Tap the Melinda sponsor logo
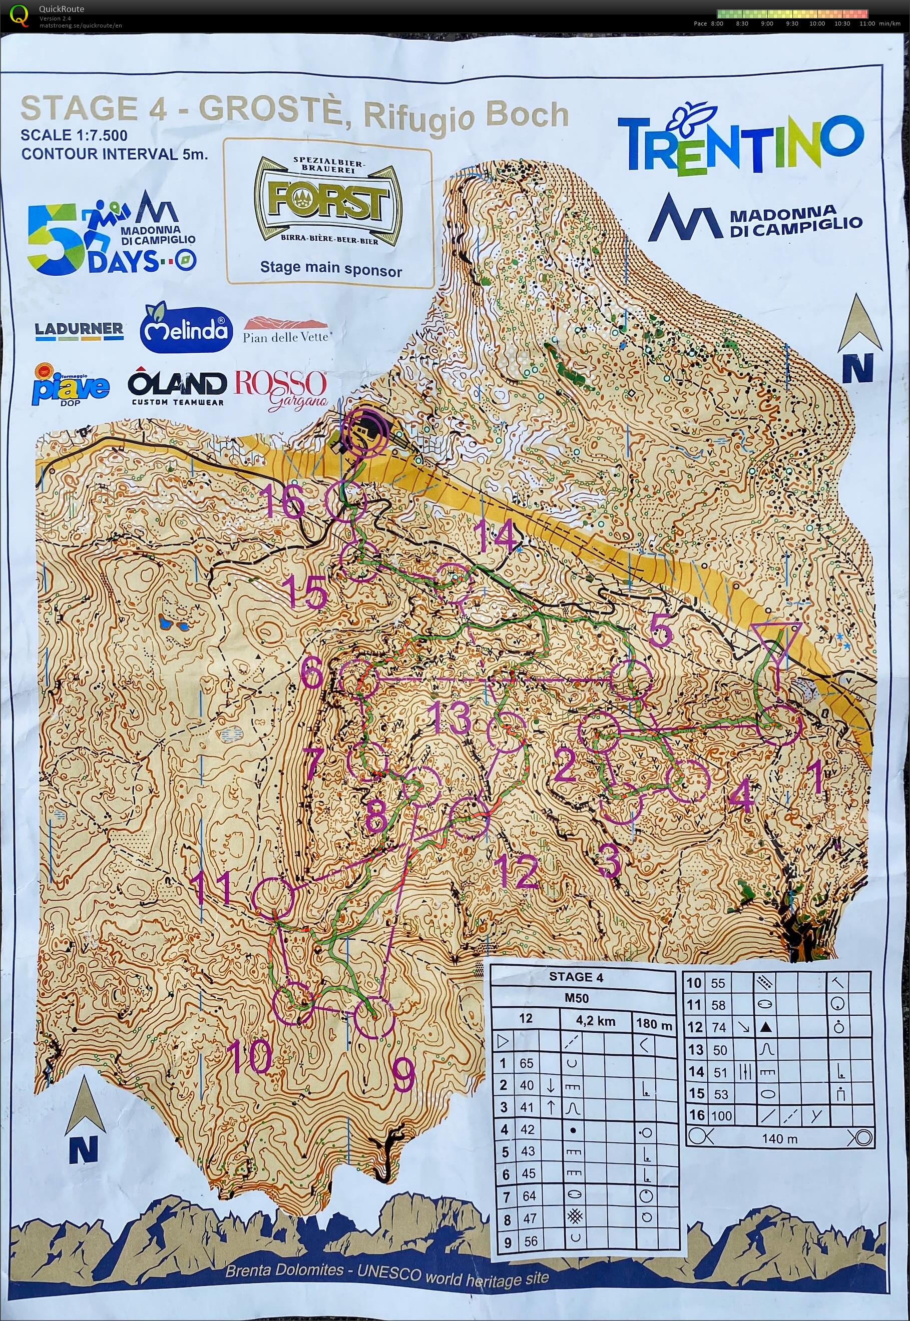[186, 329]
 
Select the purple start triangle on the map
[776, 644]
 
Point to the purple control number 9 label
[403, 1074]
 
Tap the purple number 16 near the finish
[285, 501]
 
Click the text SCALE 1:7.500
[74, 135]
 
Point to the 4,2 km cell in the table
[595, 1021]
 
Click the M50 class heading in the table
[577, 998]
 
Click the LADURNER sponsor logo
[79, 331]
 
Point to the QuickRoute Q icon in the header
[19, 16]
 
